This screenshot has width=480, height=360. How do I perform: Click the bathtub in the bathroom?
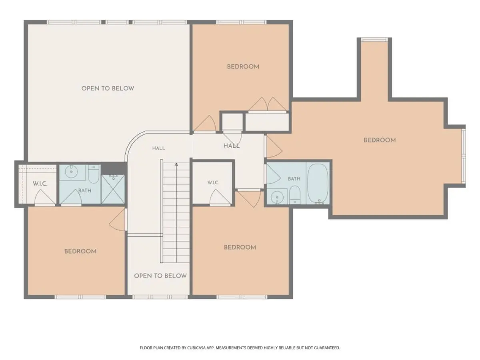pyautogui.click(x=318, y=184)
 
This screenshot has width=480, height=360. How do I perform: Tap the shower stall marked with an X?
pyautogui.click(x=113, y=189)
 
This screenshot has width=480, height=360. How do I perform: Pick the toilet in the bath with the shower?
pyautogui.click(x=94, y=174)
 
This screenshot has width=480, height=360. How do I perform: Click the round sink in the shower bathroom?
pyautogui.click(x=72, y=171)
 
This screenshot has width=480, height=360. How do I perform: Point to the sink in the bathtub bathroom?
pyautogui.click(x=277, y=198)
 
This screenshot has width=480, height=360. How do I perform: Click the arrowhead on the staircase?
pyautogui.click(x=176, y=164)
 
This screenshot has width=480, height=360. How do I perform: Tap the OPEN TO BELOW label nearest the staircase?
pyautogui.click(x=160, y=276)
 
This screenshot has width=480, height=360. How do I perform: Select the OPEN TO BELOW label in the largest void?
pyautogui.click(x=108, y=88)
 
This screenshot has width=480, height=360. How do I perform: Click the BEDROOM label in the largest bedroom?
pyautogui.click(x=380, y=140)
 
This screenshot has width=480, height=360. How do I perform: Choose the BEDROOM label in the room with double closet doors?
pyautogui.click(x=243, y=67)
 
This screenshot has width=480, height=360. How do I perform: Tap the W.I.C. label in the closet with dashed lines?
pyautogui.click(x=40, y=184)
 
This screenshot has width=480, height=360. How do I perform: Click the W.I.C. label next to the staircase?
pyautogui.click(x=213, y=182)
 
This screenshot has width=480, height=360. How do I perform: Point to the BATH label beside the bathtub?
pyautogui.click(x=294, y=179)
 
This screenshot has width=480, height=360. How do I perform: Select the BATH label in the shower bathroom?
pyautogui.click(x=85, y=191)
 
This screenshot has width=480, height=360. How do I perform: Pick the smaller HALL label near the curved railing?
pyautogui.click(x=158, y=148)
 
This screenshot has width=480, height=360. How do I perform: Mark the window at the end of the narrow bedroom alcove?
pyautogui.click(x=374, y=39)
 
